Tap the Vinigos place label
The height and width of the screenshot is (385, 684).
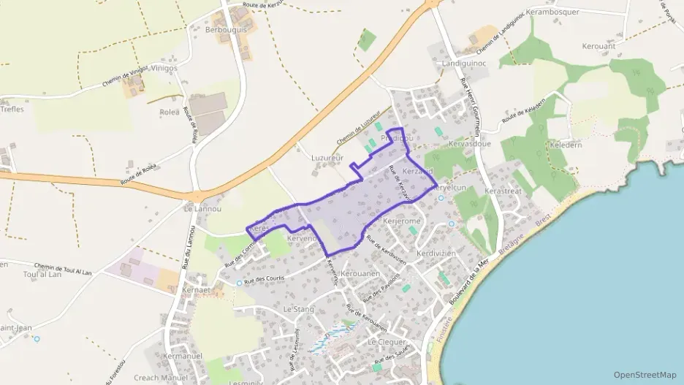point(162,69)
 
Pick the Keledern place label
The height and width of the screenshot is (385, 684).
point(566,145)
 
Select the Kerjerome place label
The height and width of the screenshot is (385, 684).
point(402,221)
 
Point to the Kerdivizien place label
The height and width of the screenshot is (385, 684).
point(436,254)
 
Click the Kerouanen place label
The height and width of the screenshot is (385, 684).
point(360,273)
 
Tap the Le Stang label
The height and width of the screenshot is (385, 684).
point(297,309)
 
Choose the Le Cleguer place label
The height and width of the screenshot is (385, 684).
point(387,341)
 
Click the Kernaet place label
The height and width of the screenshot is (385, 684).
point(196,290)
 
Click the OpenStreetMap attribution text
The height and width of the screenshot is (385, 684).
point(645,375)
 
